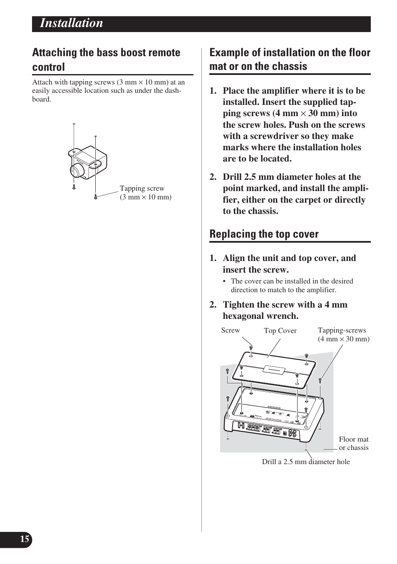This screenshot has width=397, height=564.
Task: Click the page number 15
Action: pyautogui.click(x=25, y=539)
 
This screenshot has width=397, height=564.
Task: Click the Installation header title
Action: pyautogui.click(x=72, y=23)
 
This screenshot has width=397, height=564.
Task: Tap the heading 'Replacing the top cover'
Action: pyautogui.click(x=264, y=234)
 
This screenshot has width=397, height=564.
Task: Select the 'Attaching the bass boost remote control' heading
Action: pyautogui.click(x=106, y=60)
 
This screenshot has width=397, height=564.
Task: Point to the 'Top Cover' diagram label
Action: pyautogui.click(x=280, y=331)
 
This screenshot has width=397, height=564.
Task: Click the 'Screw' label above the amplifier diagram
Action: pyautogui.click(x=230, y=330)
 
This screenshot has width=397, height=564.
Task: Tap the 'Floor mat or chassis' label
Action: pyautogui.click(x=353, y=443)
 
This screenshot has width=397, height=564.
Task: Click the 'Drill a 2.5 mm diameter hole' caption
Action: pyautogui.click(x=305, y=462)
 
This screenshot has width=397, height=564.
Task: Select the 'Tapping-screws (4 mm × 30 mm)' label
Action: pyautogui.click(x=343, y=334)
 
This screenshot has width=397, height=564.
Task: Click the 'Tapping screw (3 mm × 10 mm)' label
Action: pyautogui.click(x=145, y=193)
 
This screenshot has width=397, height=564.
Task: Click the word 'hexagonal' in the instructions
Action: pyautogui.click(x=243, y=316)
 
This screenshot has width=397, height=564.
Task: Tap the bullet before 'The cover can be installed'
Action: pyautogui.click(x=225, y=281)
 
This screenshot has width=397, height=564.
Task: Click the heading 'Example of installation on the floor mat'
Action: pyautogui.click(x=290, y=59)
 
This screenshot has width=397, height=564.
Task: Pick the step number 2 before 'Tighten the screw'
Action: pyautogui.click(x=213, y=305)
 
